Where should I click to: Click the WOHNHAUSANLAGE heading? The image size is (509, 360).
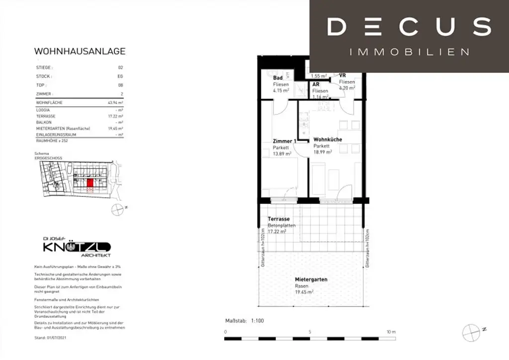coord(80,51)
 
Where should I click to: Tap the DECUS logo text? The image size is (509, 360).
coord(409,26)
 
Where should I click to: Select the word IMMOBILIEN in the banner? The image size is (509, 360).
coord(409,52)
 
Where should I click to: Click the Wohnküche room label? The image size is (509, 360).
coord(328,140)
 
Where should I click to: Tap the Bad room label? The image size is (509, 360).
coord(278,78)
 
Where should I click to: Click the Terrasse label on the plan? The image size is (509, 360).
coord(278,219)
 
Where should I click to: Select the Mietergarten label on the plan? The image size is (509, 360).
coord(311,279)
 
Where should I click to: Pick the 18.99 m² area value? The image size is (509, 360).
coord(323,153)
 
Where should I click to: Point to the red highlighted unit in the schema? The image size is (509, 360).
coord(90,183)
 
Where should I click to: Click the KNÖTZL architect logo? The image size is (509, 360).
coord(77,247)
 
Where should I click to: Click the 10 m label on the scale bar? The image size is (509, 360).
coord(391,332)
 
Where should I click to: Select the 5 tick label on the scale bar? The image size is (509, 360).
coord(309,332)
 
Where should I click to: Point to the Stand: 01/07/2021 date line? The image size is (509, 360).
coord(50,337)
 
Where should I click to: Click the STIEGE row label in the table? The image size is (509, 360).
coord(44,67)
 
